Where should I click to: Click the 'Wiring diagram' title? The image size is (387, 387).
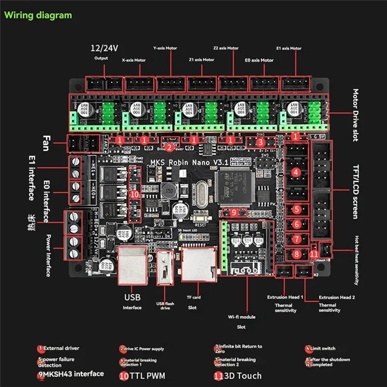coord(38,15)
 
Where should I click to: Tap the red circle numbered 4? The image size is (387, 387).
coord(297,172)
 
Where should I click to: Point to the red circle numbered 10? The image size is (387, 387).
coord(135,193)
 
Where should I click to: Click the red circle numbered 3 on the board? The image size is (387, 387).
coord(260,142)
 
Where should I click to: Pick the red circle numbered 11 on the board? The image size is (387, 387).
coord(314,253)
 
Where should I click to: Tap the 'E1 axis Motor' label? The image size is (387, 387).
coord(288,48)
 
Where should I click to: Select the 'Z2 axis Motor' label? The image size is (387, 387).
coord(226,48)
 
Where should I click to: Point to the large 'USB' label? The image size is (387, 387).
coord(133,297)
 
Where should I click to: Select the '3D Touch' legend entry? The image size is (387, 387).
coord(240,375)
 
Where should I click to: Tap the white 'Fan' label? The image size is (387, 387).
coord(45,142)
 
